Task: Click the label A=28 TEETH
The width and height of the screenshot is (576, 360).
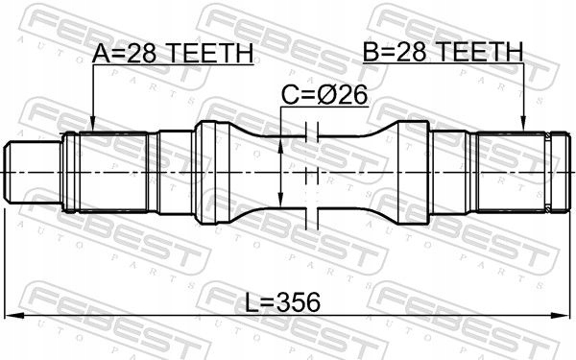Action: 173,55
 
